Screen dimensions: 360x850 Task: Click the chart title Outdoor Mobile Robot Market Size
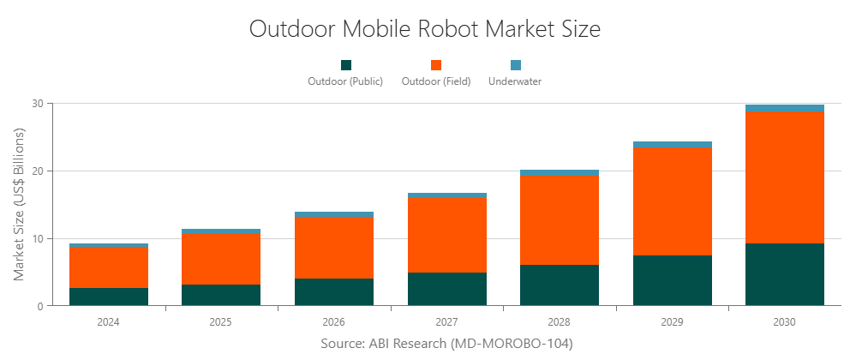coord(425,28)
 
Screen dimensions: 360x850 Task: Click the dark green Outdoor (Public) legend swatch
coord(346,65)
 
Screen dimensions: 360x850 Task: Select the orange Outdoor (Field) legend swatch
coord(436,65)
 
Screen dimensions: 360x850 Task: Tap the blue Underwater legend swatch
coord(515,65)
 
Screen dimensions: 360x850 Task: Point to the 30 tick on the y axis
coord(38,104)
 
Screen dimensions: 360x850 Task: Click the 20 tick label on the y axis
coord(38,171)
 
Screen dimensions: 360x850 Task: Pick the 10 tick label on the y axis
coord(38,238)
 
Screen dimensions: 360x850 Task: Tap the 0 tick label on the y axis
coord(40,306)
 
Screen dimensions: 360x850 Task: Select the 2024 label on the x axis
coord(108,322)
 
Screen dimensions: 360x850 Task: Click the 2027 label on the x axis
coord(446,322)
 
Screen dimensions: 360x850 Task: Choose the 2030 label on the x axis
coord(784,322)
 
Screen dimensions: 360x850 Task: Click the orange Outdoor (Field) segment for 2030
coord(784,177)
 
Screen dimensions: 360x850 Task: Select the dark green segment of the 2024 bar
coord(108,297)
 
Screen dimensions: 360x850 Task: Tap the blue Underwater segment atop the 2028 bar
coord(560,173)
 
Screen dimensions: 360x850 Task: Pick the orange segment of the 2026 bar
coord(334,248)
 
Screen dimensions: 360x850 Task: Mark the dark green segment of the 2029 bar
coord(672,280)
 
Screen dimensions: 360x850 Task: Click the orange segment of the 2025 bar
coord(221,259)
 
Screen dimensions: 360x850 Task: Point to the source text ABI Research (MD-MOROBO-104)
coord(446,343)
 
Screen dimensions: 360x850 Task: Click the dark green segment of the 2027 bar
coord(446,289)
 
